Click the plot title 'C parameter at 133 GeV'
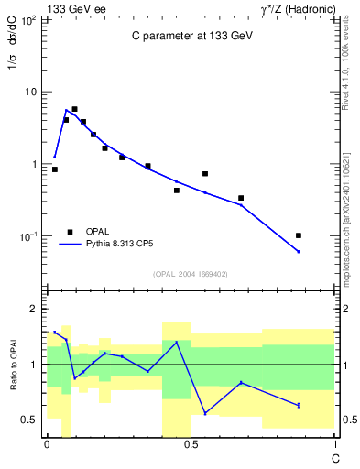point(190,37)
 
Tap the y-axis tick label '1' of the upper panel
point(34,164)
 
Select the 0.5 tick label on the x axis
point(191,445)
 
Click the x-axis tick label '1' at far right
point(334,445)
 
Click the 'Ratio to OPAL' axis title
point(14,365)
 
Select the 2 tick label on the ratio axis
point(35,310)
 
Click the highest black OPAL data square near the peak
point(74,109)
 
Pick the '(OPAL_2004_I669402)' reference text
point(191,273)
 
